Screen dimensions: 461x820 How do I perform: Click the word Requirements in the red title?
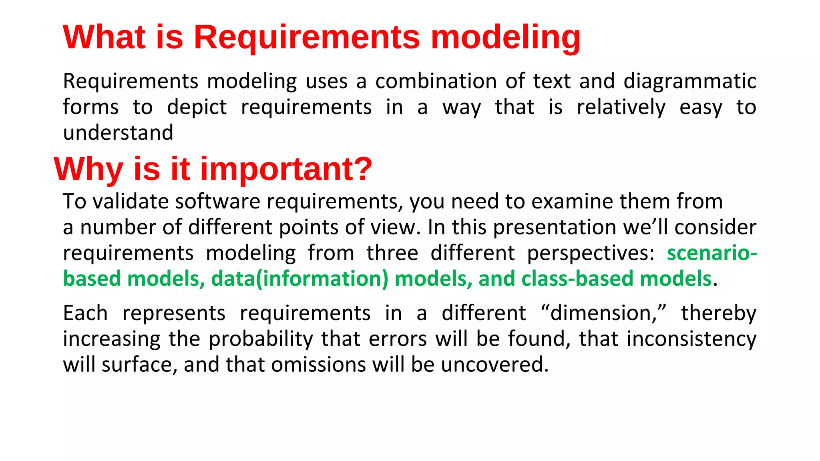307,37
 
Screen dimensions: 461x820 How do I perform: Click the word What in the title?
104,37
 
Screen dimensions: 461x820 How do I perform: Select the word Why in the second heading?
88,169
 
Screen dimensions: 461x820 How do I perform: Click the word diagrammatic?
690,81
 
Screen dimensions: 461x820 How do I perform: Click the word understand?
118,133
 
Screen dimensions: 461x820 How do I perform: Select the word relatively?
621,107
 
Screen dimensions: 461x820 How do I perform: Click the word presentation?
555,227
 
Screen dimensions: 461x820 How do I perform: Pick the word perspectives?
590,253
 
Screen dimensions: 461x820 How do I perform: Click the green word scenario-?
711,253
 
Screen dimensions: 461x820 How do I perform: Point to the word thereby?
719,313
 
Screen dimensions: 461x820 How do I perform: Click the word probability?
261,339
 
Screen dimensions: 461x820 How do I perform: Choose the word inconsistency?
691,339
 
